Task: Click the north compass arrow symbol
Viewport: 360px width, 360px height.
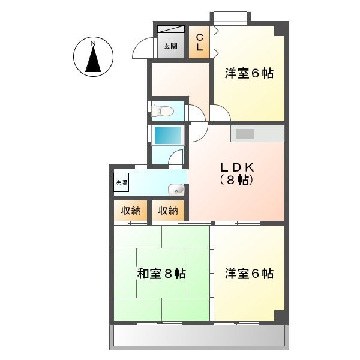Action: coord(93,60)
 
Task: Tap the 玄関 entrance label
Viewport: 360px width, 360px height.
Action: coord(170,46)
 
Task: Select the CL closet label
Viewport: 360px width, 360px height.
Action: coord(199,41)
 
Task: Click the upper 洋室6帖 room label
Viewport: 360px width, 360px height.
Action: coord(249,74)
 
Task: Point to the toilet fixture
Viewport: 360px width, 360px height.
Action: coord(164,110)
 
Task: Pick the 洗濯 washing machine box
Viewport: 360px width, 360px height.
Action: coord(121,182)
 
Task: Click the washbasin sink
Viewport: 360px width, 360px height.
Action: coord(176,190)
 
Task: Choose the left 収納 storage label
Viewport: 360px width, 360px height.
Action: coord(131,210)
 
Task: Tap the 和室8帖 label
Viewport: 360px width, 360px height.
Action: coord(161,274)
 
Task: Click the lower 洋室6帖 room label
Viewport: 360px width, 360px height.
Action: coord(249,274)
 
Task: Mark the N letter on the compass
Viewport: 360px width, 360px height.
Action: coord(93,43)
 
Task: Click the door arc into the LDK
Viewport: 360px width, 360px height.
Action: coord(199,133)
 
